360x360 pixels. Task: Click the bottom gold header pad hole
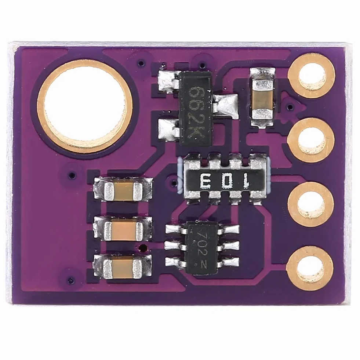click(310, 268)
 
